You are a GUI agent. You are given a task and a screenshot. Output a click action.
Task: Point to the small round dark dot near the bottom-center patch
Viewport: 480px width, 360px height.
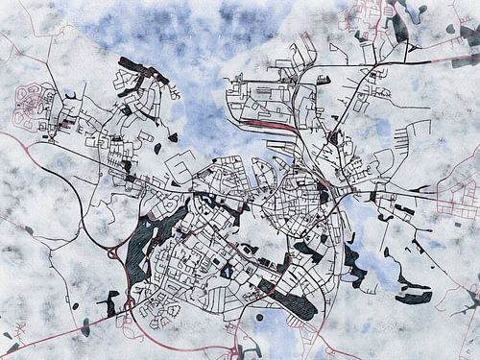click(259, 317)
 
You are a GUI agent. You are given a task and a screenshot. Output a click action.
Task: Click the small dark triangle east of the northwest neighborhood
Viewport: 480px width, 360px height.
click(173, 137)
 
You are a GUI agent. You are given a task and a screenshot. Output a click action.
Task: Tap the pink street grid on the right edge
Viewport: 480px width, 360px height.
click(459, 192)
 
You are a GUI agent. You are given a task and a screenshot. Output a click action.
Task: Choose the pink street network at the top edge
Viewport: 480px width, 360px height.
click(370, 14)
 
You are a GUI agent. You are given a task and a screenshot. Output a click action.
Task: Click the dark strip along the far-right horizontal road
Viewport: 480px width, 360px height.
click(403, 209)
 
